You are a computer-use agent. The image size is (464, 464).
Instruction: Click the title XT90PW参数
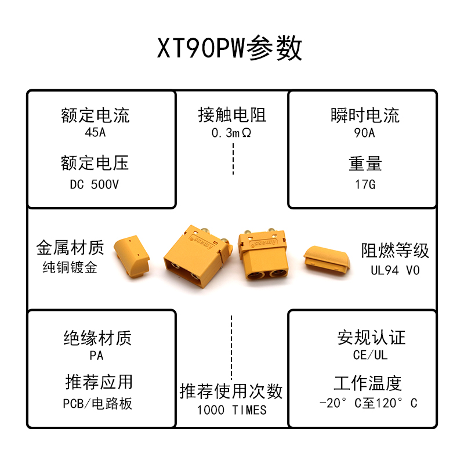tap(230, 49)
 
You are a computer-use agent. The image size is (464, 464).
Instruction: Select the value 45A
tap(95, 133)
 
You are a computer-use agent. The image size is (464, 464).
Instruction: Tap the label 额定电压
tap(95, 163)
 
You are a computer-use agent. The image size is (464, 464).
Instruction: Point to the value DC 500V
tap(95, 186)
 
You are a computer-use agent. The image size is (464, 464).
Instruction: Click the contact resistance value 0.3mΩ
tap(231, 133)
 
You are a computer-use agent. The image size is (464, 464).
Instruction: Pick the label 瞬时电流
tap(365, 115)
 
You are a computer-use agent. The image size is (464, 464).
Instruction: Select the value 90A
tap(365, 133)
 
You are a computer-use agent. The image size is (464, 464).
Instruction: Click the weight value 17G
tap(365, 186)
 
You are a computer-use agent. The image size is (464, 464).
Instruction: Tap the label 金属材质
tap(70, 249)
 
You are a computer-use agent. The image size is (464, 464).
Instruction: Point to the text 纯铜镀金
tap(70, 268)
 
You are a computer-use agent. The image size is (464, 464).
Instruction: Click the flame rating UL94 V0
tap(395, 270)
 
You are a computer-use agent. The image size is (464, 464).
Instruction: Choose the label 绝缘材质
tap(97, 338)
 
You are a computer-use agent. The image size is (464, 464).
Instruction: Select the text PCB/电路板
tap(97, 404)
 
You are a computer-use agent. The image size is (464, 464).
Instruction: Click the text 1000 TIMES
tap(231, 410)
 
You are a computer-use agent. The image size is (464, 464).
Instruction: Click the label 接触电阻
tap(231, 115)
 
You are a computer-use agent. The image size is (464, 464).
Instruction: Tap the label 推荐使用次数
tap(231, 391)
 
